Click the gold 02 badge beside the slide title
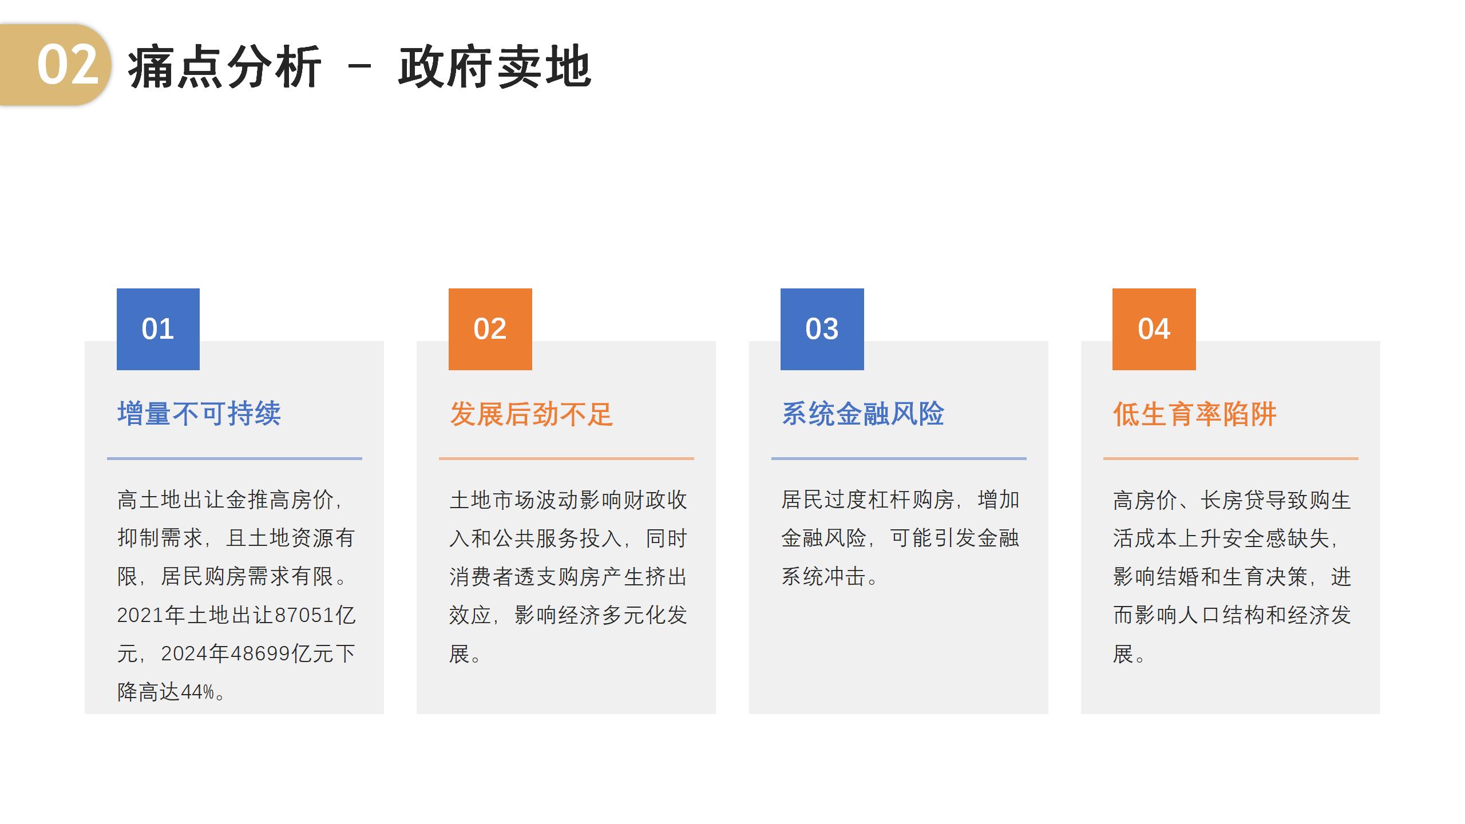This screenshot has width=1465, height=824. (x=55, y=65)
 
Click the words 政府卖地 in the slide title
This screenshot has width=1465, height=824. (x=495, y=67)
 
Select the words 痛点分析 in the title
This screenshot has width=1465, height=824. (x=224, y=67)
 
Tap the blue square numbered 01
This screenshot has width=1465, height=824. (x=158, y=329)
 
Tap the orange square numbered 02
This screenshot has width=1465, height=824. (x=490, y=329)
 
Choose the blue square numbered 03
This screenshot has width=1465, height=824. (x=822, y=329)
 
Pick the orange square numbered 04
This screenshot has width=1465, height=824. (x=1154, y=329)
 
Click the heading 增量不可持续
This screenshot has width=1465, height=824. (x=199, y=414)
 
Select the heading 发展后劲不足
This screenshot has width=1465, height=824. (x=531, y=414)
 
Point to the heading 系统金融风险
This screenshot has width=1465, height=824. (x=863, y=414)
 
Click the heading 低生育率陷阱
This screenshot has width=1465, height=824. (x=1195, y=414)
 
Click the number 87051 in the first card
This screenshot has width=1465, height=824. (x=304, y=615)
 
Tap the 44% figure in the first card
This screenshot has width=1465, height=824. (x=197, y=692)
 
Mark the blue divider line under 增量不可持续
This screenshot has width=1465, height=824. (x=235, y=458)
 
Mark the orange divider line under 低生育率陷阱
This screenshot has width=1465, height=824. (x=1231, y=458)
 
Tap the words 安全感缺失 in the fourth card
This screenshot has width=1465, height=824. (x=1276, y=538)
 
